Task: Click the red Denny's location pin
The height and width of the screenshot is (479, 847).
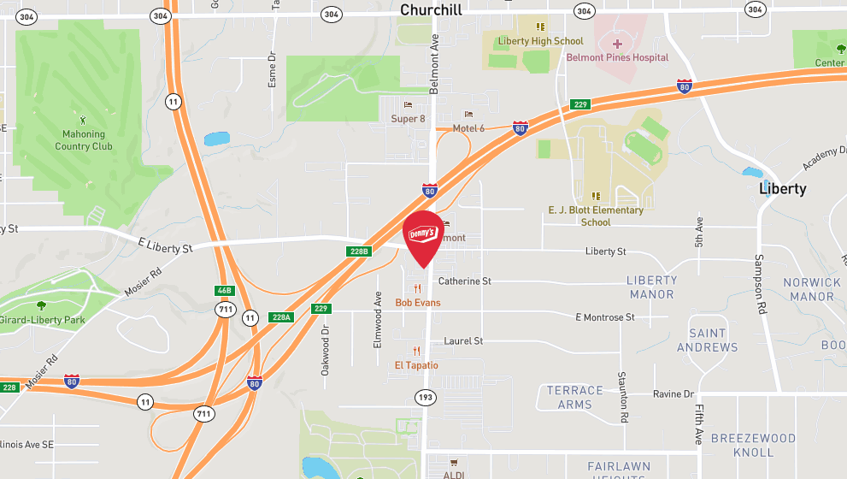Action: pos(423,236)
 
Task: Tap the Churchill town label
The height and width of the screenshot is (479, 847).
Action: pos(431,10)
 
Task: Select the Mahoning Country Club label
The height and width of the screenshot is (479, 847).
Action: pos(84,140)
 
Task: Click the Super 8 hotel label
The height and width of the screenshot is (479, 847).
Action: pos(408,118)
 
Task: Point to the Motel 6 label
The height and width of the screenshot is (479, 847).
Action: pos(468,128)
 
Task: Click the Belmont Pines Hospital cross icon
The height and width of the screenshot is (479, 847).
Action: pos(617,43)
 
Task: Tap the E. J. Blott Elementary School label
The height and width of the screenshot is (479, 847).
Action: pos(596,216)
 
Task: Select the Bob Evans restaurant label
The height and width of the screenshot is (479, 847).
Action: pos(417,303)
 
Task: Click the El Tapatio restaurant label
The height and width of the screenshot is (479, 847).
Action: pos(416,365)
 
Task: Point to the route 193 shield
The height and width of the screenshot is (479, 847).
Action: pos(425,397)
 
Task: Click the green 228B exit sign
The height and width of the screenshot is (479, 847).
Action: pos(359,251)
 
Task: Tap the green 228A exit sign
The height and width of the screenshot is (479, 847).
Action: pos(281,316)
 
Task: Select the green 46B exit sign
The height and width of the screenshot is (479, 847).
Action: pos(224,292)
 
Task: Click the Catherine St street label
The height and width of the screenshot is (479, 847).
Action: pos(464,281)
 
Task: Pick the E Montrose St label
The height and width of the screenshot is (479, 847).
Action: pos(605,317)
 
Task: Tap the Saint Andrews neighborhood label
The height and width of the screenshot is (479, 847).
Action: pos(707,340)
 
